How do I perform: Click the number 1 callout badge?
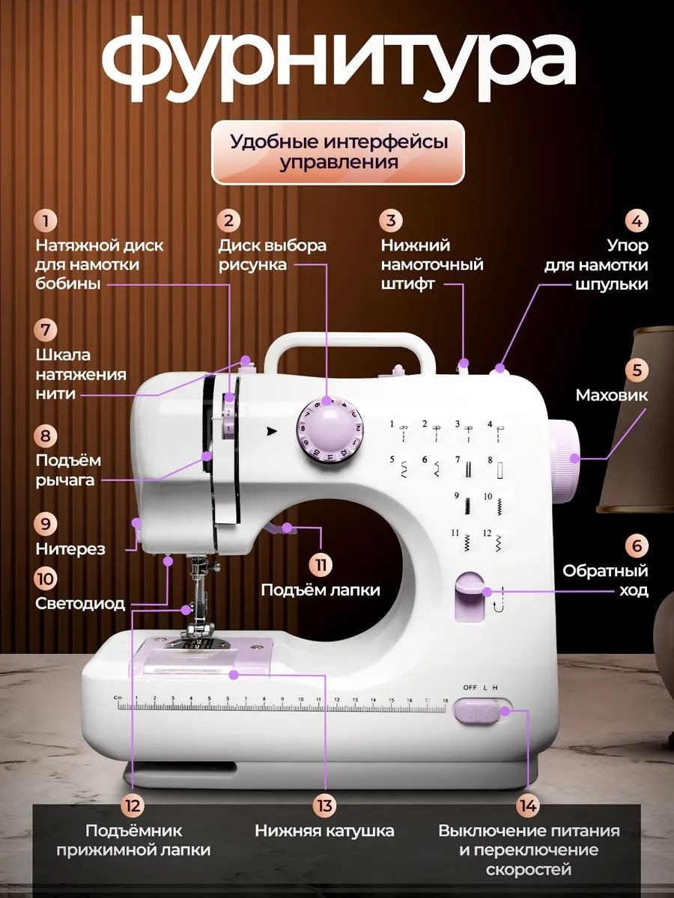click(x=46, y=222)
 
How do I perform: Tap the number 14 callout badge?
click(x=528, y=806)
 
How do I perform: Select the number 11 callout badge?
click(x=320, y=565)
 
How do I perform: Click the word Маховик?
click(x=611, y=395)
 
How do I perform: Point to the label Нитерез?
click(x=70, y=549)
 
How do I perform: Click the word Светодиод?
click(x=80, y=603)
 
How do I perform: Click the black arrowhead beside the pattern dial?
click(x=271, y=430)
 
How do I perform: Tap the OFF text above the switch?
click(x=470, y=687)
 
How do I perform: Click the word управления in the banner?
click(x=338, y=162)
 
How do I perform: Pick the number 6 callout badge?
click(x=637, y=546)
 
